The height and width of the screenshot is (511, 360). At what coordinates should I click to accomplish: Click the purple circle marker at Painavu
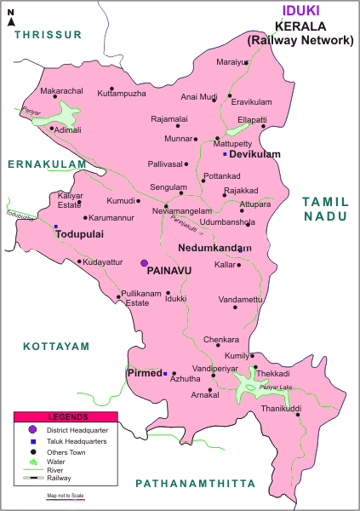(x=144, y=263)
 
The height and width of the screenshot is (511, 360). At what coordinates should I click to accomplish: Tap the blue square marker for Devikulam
(x=225, y=154)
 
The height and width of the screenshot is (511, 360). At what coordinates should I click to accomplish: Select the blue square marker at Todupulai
(x=55, y=227)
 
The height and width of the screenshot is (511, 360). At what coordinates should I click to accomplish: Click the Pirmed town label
(x=144, y=373)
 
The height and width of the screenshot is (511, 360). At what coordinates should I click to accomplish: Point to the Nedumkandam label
(x=214, y=249)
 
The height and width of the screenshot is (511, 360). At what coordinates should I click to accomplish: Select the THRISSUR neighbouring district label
(x=47, y=34)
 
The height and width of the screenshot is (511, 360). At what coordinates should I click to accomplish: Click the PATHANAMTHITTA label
(x=195, y=483)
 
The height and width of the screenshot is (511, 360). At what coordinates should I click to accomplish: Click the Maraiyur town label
(x=231, y=62)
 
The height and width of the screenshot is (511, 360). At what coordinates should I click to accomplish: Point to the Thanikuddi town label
(x=281, y=409)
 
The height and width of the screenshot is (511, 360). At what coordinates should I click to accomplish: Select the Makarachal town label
(x=61, y=90)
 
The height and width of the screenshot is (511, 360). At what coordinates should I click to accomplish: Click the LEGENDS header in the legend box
(x=66, y=417)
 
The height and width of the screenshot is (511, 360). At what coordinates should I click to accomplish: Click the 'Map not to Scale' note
(x=66, y=494)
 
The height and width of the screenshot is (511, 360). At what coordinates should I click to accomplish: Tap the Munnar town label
(x=177, y=138)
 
